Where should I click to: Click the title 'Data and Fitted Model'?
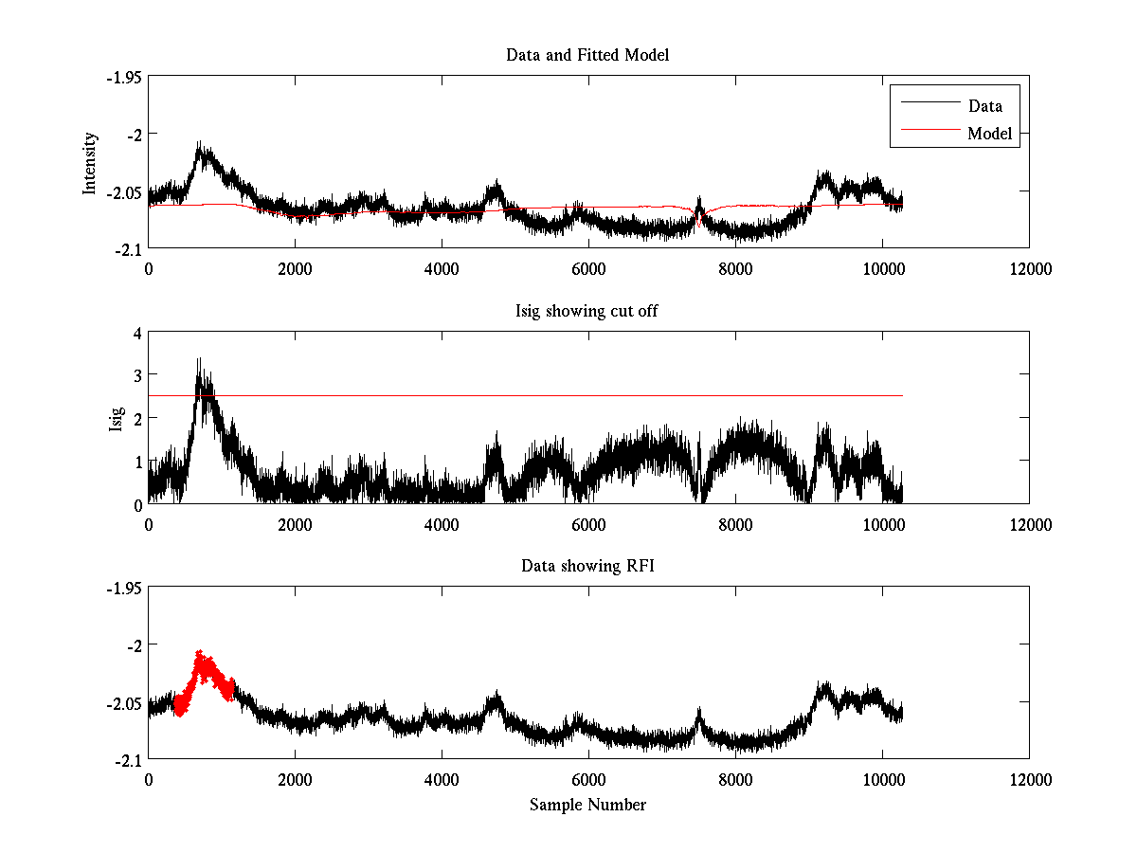click(x=587, y=55)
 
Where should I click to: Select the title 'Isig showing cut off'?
click(x=587, y=311)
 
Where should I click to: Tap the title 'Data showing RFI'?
click(x=587, y=566)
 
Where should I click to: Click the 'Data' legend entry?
click(x=984, y=106)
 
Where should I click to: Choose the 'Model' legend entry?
click(x=989, y=134)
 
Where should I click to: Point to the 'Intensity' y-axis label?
click(x=90, y=163)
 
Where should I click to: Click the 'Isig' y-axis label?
click(x=116, y=418)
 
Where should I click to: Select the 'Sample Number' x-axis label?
click(x=587, y=805)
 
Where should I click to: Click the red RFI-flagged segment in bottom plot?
click(x=204, y=675)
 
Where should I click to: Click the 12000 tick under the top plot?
click(x=1029, y=269)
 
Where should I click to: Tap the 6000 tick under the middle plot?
click(x=587, y=524)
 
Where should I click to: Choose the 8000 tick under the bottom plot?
click(x=735, y=780)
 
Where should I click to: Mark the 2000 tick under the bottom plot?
click(x=295, y=780)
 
